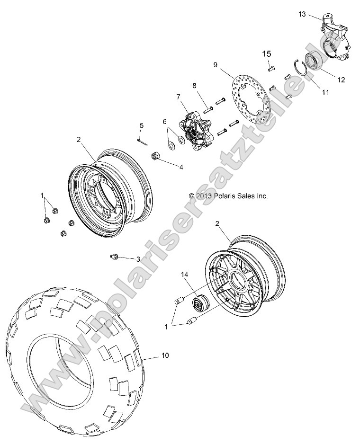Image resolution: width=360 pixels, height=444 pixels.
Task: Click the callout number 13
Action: point(302,15)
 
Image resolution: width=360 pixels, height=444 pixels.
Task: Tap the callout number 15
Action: point(267,54)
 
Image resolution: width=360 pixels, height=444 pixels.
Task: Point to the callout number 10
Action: point(152,355)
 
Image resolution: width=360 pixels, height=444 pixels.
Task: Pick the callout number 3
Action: point(138,259)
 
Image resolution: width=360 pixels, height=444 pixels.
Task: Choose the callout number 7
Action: point(178,97)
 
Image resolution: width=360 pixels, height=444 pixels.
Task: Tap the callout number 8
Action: point(194,86)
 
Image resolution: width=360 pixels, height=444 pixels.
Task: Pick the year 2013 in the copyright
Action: point(204,195)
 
